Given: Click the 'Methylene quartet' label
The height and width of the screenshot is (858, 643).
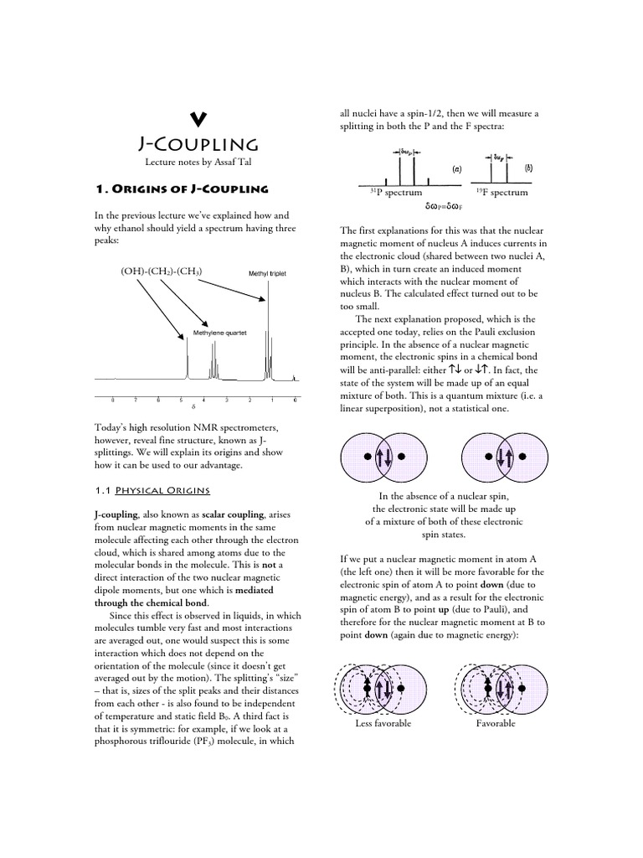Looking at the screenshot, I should [x=220, y=332].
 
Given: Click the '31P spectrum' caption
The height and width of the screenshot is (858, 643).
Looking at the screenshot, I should [x=396, y=192].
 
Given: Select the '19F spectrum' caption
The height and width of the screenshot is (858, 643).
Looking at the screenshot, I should [x=500, y=192].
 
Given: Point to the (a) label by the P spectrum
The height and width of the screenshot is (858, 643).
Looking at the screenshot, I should [x=457, y=168].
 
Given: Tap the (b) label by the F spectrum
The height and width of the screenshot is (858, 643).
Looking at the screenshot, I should [x=528, y=168].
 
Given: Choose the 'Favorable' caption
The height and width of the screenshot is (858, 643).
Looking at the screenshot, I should [x=496, y=723].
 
